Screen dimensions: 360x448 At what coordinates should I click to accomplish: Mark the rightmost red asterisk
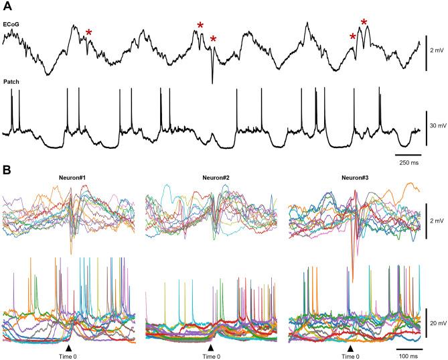[x=364, y=23]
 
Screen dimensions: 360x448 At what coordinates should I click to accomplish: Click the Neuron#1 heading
[x=74, y=178]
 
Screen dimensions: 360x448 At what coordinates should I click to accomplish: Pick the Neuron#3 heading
[x=354, y=178]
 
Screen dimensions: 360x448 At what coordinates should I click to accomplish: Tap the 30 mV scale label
[x=438, y=125]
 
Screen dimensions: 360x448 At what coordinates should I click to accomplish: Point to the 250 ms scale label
[x=408, y=163]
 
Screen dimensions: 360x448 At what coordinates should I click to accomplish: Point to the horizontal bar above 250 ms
[x=408, y=155]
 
